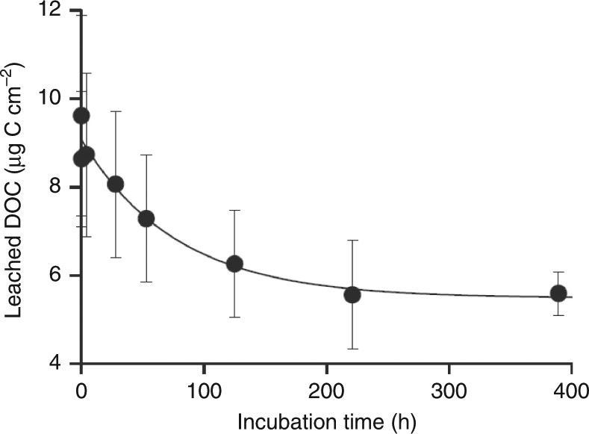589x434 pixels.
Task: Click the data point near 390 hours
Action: (558, 293)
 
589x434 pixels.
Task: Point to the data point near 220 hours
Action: (352, 294)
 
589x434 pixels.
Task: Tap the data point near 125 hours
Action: (234, 264)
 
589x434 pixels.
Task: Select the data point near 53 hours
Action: (146, 218)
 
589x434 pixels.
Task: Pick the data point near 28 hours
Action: (116, 184)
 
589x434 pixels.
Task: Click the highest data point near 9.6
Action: (81, 115)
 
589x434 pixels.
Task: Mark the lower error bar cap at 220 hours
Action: (352, 349)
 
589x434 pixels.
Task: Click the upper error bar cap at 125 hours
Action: (234, 211)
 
